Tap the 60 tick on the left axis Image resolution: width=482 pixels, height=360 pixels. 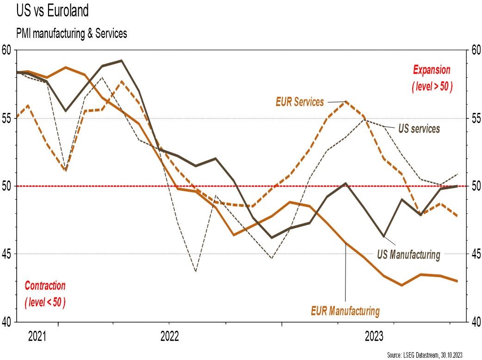(x=6, y=50)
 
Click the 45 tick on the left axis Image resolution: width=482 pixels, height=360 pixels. (x=6, y=254)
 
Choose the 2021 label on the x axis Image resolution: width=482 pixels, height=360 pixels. (x=37, y=336)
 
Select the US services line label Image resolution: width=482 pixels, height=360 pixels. (x=419, y=128)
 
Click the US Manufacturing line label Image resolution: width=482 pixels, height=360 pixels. (x=408, y=254)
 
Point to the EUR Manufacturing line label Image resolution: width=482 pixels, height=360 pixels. (x=346, y=310)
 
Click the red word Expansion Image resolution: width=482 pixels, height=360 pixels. (x=431, y=70)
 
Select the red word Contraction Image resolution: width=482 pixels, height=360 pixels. (x=45, y=286)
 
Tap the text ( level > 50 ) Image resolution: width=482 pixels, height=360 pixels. (x=431, y=87)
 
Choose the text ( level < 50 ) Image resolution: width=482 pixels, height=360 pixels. (x=45, y=303)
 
